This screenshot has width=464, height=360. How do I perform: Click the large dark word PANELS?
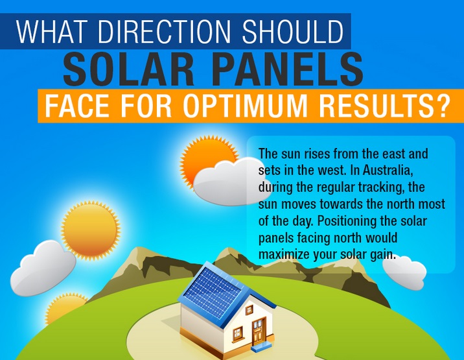click(x=290, y=69)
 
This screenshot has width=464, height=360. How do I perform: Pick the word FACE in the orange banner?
click(x=77, y=106)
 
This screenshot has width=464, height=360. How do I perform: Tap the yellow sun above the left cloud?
click(x=91, y=230)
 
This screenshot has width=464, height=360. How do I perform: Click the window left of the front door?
click(x=237, y=333)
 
